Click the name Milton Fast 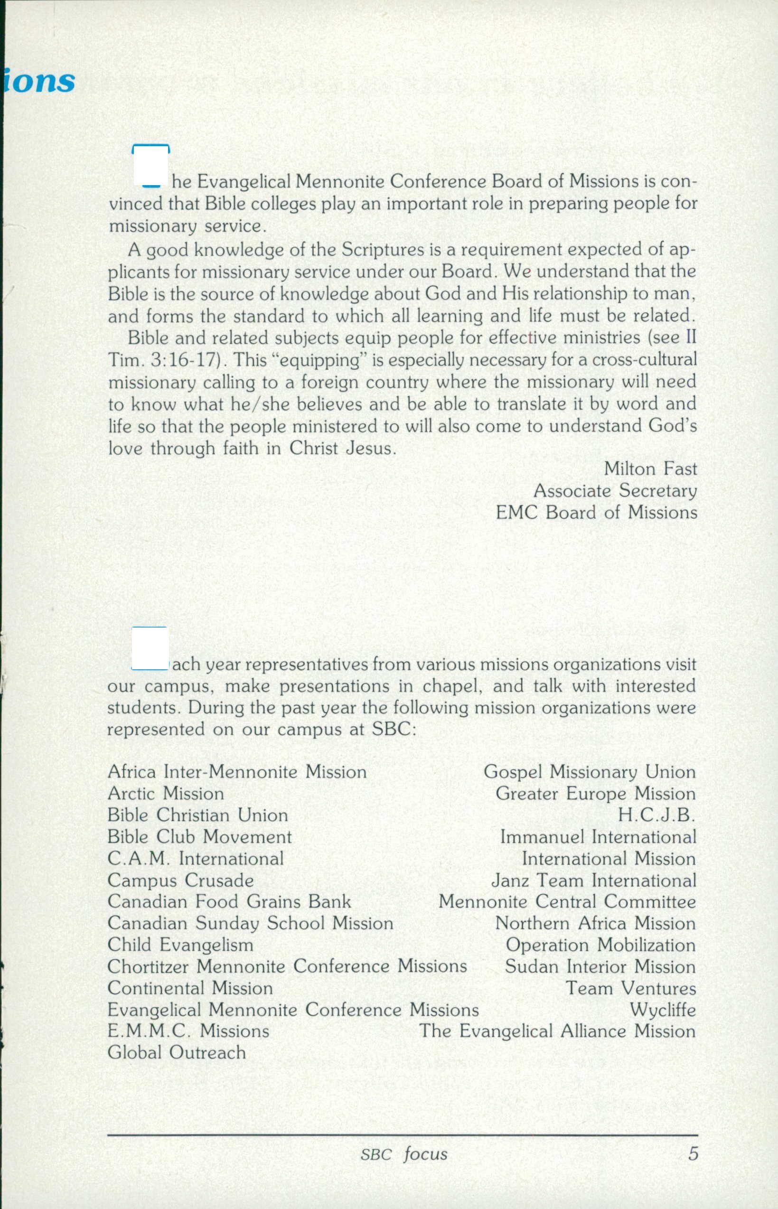tap(650, 469)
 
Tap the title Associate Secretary tap(615, 490)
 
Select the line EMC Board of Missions tap(596, 512)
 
